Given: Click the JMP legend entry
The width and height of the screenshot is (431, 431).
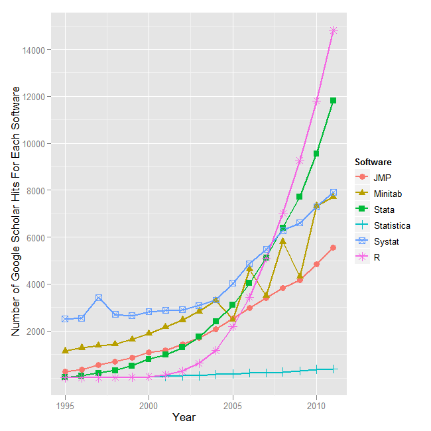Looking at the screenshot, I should coord(381,178).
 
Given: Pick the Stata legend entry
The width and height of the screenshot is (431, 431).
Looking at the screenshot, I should coord(383,210).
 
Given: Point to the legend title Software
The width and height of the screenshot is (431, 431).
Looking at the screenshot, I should coord(373,162).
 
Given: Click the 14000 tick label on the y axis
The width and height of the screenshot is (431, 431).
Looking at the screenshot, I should coord(32,50).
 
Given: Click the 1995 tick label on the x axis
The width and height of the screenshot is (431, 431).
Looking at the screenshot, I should coord(65,404).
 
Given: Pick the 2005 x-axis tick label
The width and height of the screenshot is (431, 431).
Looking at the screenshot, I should coord(233,404).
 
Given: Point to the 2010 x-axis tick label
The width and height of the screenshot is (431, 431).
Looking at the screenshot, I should coord(316,404).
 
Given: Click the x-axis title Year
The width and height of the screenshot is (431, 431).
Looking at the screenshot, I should coord(184,418).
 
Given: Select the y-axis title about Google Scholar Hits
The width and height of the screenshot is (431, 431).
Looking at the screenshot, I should coord(16,211).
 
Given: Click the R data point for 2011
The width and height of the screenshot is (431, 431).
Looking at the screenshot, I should coord(334,31).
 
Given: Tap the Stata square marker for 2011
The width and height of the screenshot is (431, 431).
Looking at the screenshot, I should coord(334,101).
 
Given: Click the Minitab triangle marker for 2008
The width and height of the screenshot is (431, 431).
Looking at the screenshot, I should coord(283,241).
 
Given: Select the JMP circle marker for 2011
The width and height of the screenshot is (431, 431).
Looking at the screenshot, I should coord(334,247).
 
